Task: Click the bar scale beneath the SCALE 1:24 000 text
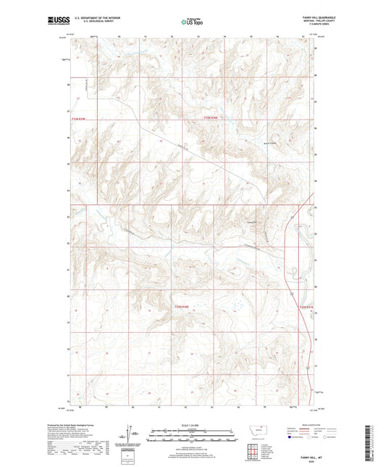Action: (x=192, y=437)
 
